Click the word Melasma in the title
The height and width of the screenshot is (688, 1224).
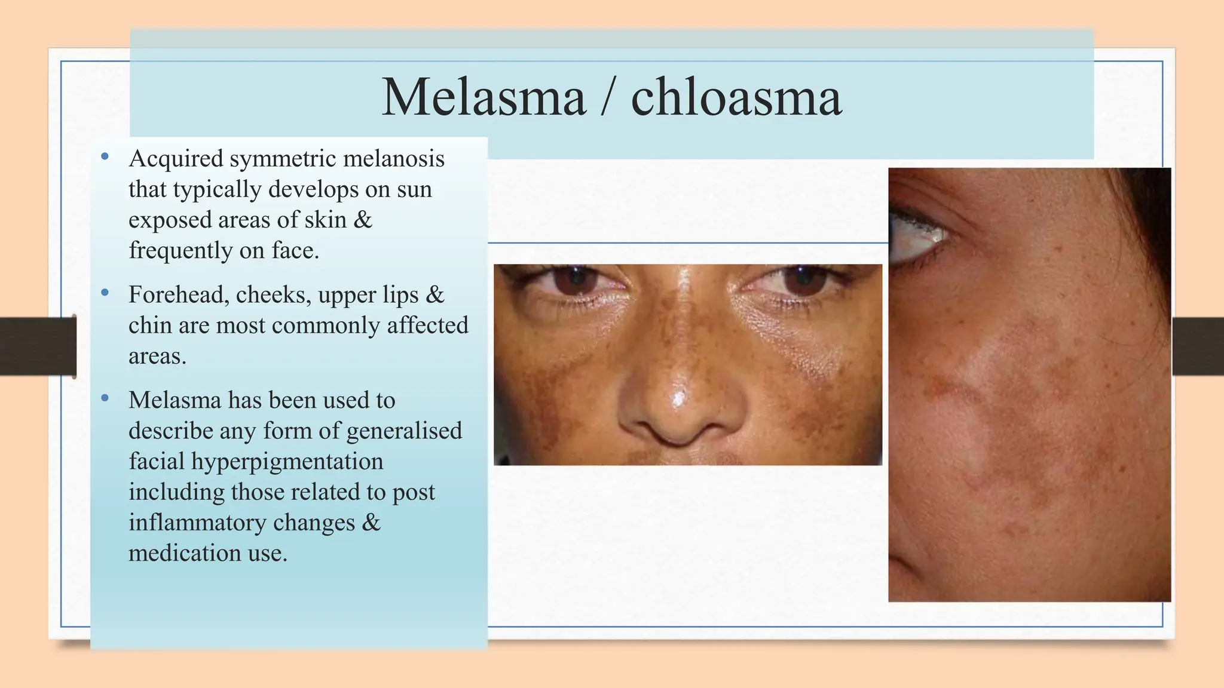[484, 97]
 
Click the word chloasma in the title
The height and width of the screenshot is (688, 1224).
[736, 97]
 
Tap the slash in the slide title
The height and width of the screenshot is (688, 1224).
[608, 99]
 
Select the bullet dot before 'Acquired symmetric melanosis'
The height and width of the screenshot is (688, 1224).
[105, 157]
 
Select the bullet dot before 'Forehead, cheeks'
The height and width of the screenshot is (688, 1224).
[105, 293]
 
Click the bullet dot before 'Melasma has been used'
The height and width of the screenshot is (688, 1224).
[105, 398]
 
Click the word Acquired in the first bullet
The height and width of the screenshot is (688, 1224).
[176, 159]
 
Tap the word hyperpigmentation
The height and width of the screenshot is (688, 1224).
[287, 462]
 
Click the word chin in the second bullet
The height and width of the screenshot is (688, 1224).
[147, 325]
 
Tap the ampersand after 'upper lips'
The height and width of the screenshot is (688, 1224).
[435, 295]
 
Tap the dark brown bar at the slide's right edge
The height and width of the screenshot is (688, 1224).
[1198, 346]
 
